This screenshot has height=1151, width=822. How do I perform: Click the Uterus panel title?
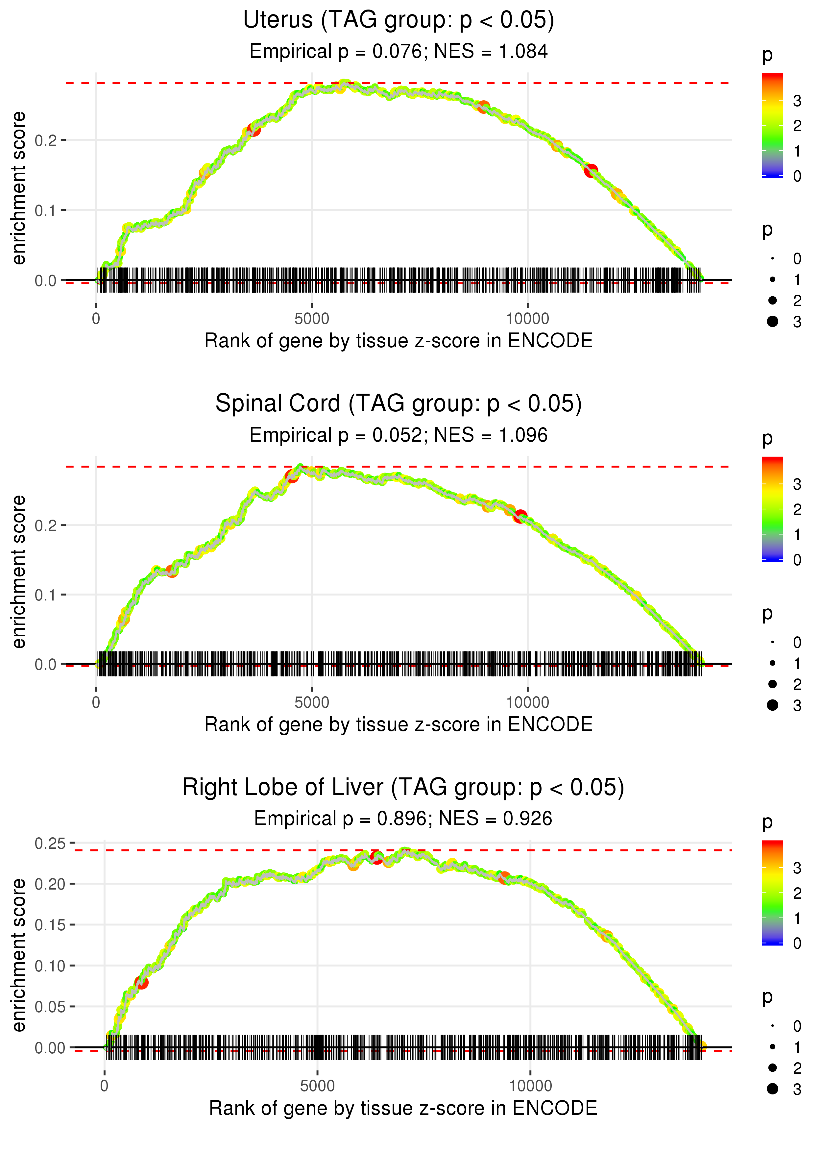(399, 20)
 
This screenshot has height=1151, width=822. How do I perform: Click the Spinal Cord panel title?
(399, 404)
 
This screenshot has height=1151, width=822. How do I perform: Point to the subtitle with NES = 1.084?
(399, 52)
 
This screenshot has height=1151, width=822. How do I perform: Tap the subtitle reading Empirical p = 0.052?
(399, 435)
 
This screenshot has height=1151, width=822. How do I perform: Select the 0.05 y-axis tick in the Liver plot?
(50, 1007)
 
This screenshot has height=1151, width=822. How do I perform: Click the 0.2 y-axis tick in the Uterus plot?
(46, 140)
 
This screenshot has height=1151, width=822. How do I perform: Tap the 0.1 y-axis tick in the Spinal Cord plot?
(46, 595)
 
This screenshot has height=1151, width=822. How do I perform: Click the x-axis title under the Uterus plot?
(399, 341)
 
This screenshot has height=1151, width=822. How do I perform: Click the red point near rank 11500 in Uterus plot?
(591, 171)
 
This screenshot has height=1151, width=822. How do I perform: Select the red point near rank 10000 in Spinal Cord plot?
(520, 517)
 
